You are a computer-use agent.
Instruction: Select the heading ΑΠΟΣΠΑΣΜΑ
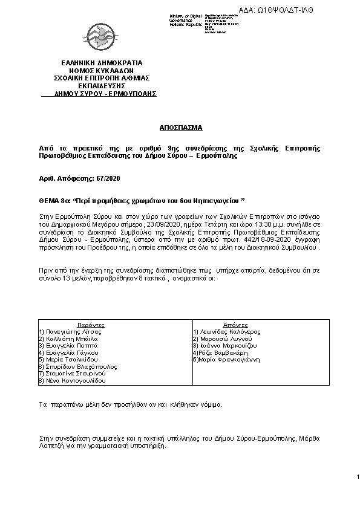tap(180, 129)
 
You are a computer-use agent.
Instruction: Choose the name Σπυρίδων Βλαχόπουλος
tap(79, 366)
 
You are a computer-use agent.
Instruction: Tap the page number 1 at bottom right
tap(358, 478)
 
